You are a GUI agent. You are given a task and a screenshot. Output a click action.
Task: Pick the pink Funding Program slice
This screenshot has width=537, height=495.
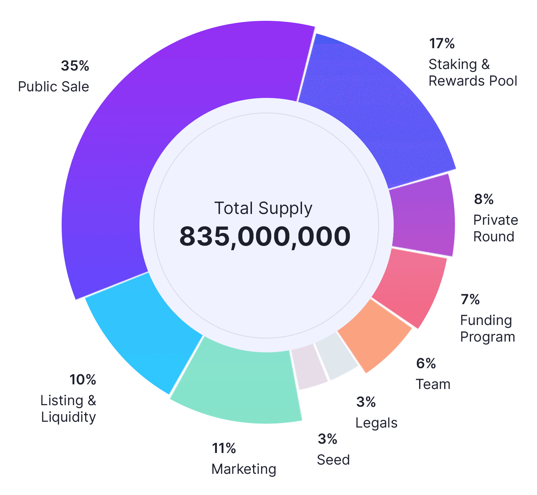(410, 285)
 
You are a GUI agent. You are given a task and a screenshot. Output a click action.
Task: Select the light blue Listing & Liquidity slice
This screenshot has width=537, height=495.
(146, 332)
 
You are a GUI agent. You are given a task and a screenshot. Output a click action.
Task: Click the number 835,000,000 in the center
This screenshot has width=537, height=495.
(265, 236)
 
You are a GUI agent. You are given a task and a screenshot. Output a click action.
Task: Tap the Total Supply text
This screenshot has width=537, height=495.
(263, 209)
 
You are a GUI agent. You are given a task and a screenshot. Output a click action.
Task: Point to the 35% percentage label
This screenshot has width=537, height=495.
(75, 66)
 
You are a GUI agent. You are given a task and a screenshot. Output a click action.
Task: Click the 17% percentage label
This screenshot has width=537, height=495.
(442, 44)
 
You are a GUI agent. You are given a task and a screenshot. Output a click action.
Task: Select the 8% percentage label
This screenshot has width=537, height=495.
(484, 199)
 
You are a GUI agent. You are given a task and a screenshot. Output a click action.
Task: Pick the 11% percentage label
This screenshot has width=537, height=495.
(224, 448)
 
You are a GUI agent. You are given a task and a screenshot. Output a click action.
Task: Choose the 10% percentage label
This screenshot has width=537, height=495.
(83, 380)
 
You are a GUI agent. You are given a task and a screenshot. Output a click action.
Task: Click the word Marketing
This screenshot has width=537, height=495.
(244, 469)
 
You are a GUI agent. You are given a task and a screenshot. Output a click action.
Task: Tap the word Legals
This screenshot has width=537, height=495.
(376, 423)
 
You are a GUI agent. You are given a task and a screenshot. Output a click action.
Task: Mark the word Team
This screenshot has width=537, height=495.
(433, 384)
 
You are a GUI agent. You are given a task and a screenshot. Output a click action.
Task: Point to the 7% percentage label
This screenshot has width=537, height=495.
(470, 300)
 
